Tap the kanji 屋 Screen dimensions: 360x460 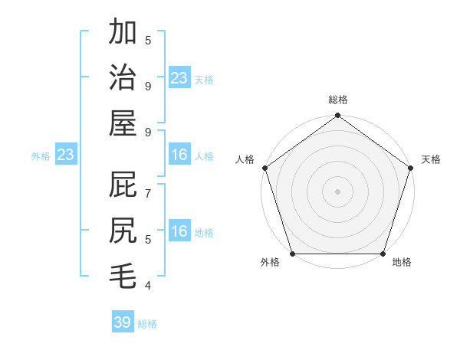pos(123,123)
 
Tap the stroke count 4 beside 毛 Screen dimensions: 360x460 pos(148,286)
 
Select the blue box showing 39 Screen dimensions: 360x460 pos(123,322)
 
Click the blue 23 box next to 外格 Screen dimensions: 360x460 pos(66,155)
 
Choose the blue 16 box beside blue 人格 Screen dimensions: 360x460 pos(179,155)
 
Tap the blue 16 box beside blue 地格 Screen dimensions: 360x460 pos(179,232)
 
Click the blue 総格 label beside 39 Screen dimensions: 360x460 pos(147,324)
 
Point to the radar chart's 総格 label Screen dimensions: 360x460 pos(338,100)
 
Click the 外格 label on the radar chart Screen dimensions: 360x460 pos(270,262)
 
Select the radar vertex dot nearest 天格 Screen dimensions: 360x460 pos(411,168)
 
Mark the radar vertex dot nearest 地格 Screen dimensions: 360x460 pos(383,254)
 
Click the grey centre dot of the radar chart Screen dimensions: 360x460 pos(338,191)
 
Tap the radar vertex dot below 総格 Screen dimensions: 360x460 pos(338,116)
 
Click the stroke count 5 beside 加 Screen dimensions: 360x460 pos(148,40)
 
